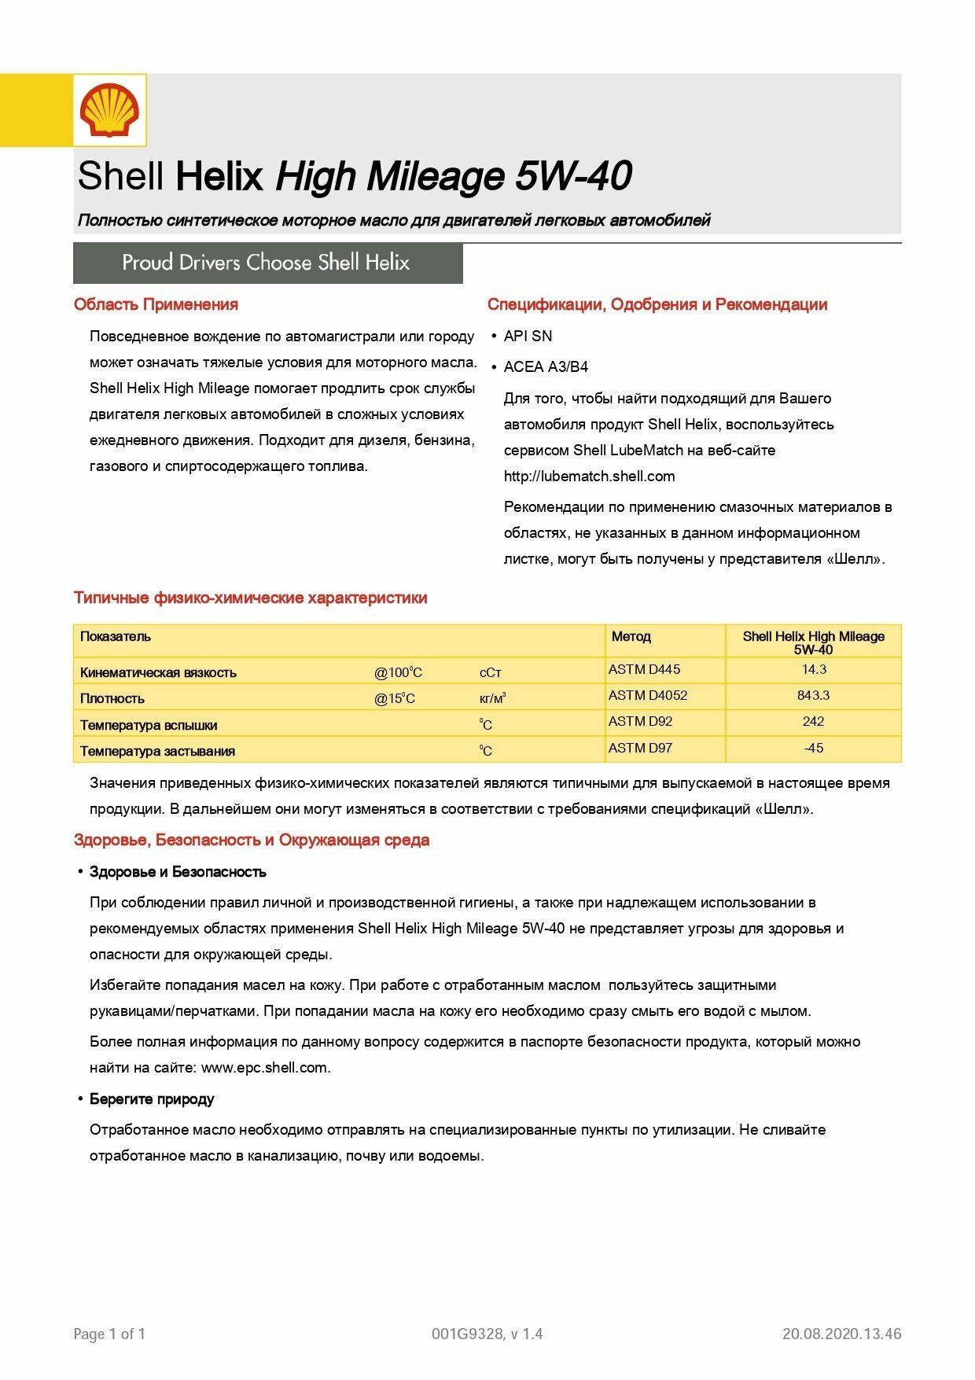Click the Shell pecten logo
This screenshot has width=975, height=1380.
click(109, 110)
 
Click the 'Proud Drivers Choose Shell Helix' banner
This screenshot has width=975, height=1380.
click(267, 263)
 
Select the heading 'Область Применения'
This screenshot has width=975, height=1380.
click(156, 305)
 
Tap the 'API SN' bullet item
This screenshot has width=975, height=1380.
click(528, 337)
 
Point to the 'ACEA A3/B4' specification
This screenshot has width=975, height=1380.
click(546, 367)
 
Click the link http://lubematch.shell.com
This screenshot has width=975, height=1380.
click(589, 477)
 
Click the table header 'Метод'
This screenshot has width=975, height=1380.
click(631, 637)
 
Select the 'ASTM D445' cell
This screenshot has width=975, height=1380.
click(644, 670)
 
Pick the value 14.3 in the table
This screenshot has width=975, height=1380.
click(814, 670)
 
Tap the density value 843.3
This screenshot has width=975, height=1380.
click(813, 696)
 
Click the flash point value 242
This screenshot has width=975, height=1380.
click(813, 722)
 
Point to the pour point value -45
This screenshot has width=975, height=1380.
click(813, 749)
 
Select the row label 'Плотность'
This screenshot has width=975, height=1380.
click(112, 699)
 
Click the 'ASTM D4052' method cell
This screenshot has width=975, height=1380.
click(648, 696)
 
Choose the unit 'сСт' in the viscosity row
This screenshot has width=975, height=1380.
click(490, 673)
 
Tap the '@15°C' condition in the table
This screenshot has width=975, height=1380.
click(394, 699)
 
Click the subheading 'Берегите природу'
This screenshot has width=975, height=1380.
click(152, 1099)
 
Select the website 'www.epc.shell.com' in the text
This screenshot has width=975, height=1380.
click(265, 1068)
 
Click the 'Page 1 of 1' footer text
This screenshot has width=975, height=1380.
click(109, 1334)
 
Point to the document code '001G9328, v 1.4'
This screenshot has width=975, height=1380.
click(487, 1334)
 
